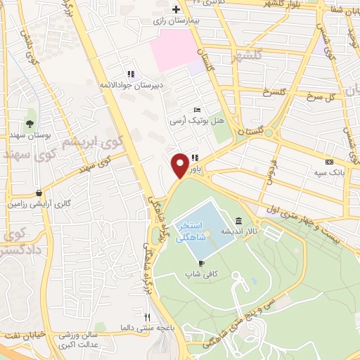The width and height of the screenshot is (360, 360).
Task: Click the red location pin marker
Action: point(180,164)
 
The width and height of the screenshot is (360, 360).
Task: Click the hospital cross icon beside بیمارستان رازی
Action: point(176,9)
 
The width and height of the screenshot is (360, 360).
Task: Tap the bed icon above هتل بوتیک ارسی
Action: point(198,110)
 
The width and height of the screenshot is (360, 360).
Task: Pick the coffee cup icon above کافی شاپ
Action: point(202,262)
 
